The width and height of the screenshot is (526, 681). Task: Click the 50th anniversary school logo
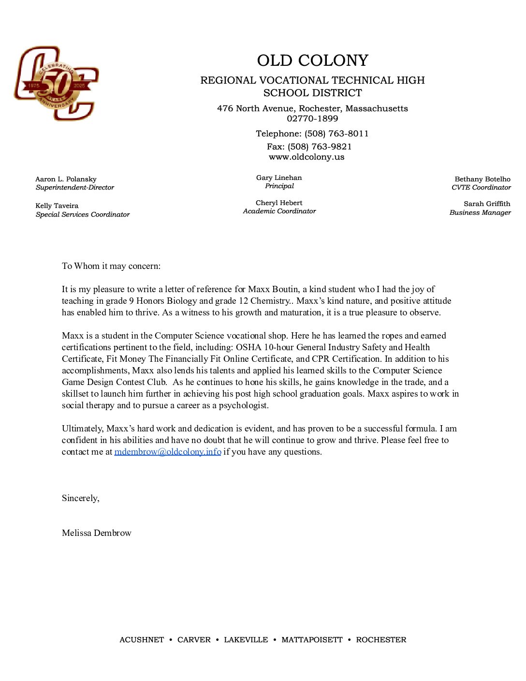click(x=57, y=84)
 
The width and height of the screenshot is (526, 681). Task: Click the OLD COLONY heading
click(x=312, y=60)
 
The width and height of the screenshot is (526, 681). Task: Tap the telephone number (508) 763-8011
click(x=336, y=133)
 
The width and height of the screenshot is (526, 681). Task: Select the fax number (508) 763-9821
click(x=320, y=147)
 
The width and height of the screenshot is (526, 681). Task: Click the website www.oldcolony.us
click(x=307, y=157)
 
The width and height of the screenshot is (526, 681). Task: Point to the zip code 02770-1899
click(x=312, y=118)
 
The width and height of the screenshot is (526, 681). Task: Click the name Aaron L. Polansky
click(x=66, y=179)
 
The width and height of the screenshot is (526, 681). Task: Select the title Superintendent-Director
click(x=75, y=188)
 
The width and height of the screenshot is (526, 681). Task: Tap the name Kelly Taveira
click(x=57, y=206)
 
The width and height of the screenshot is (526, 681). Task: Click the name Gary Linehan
click(x=279, y=178)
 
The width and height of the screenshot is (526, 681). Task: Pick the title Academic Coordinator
click(x=279, y=211)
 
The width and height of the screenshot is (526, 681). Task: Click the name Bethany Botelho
click(x=482, y=179)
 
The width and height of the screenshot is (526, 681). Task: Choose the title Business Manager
click(x=480, y=212)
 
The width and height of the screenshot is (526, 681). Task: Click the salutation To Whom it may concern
click(x=111, y=266)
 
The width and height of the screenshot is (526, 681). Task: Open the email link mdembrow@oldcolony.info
click(x=168, y=452)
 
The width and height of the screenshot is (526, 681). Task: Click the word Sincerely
click(x=80, y=498)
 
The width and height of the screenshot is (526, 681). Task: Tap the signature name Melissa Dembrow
click(x=97, y=533)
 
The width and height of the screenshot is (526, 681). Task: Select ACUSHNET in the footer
click(x=142, y=640)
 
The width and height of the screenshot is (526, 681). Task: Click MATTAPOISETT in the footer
click(x=312, y=640)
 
